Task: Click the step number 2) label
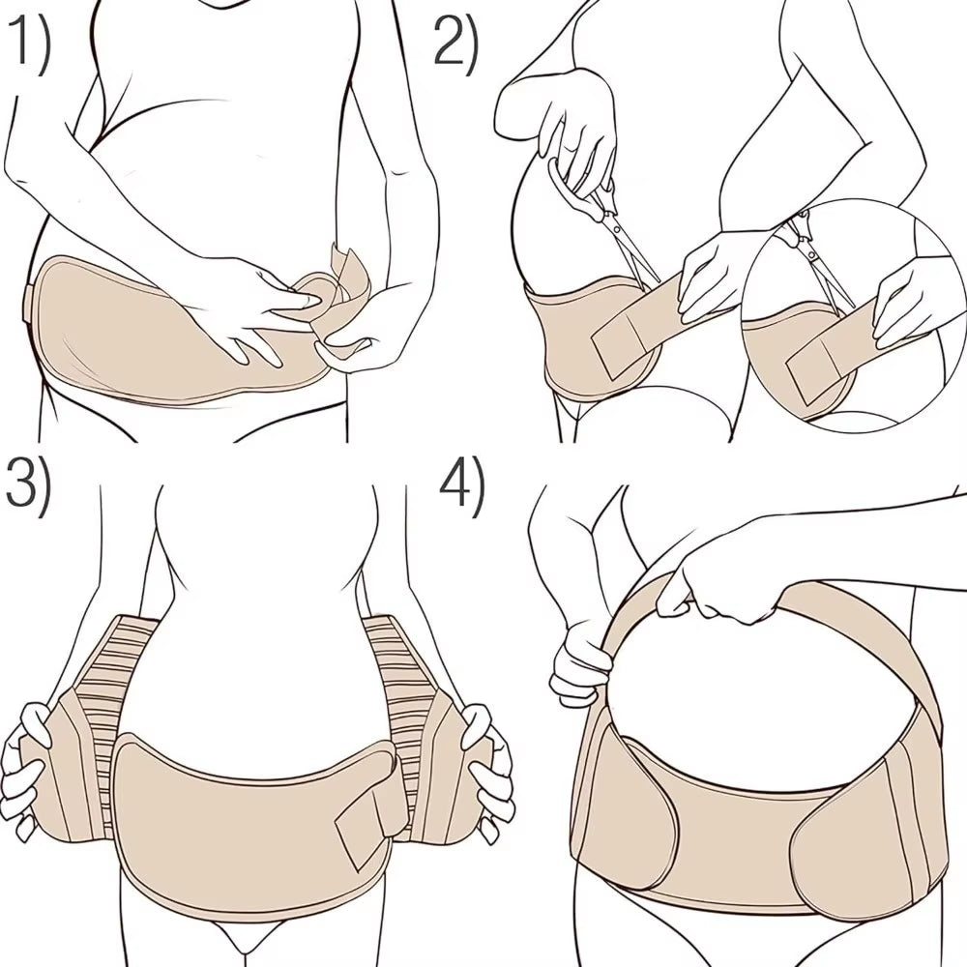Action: [x=454, y=44]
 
